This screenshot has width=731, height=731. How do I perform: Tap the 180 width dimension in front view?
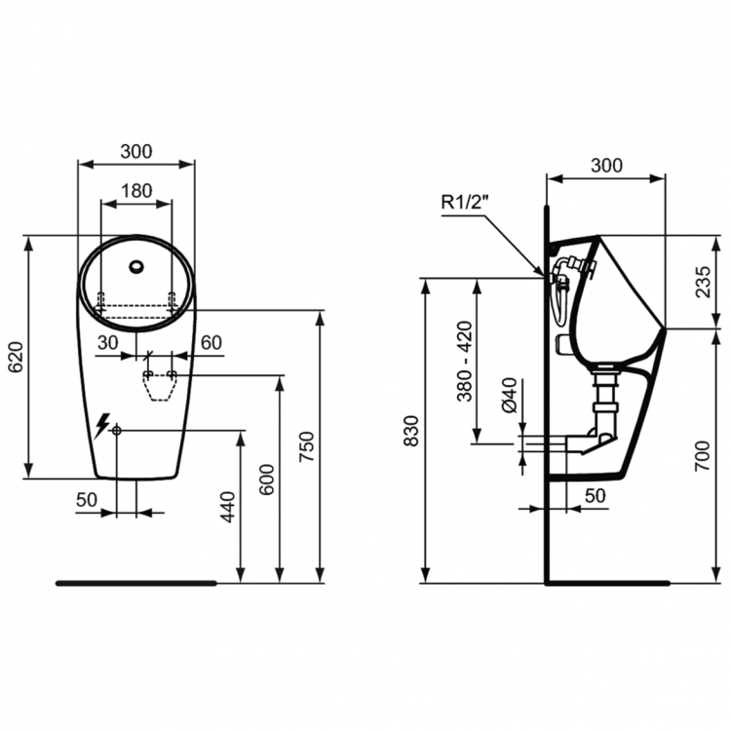(x=135, y=191)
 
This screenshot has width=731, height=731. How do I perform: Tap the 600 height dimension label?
(x=268, y=481)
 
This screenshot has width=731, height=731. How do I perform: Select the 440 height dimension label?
(x=228, y=508)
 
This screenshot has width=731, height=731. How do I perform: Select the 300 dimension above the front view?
(x=135, y=151)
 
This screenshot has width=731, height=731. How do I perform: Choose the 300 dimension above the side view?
(x=605, y=166)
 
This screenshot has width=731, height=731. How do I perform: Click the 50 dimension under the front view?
(x=87, y=499)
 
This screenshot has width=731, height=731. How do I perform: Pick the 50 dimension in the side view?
(x=595, y=495)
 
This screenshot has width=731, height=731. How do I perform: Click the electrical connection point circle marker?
(x=116, y=430)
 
